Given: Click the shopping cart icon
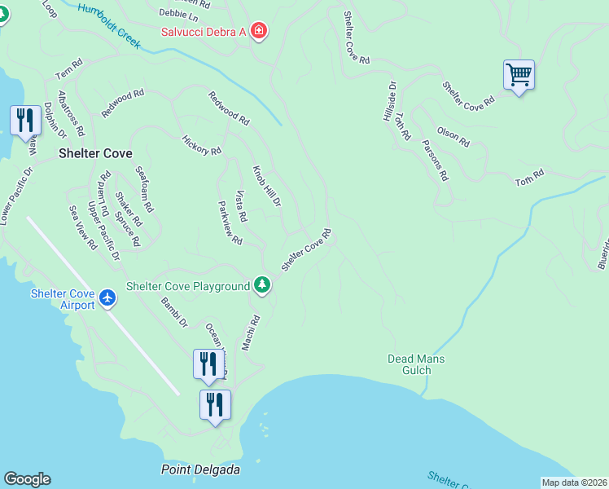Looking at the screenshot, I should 519,76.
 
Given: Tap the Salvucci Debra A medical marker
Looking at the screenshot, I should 259,32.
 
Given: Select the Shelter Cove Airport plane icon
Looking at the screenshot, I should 108,299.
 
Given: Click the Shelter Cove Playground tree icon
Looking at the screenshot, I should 261,284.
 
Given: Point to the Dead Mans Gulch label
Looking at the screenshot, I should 415,364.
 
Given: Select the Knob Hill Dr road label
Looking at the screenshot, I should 265,186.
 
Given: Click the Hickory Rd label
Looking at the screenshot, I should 202,146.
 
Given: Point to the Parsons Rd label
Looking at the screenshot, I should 436,160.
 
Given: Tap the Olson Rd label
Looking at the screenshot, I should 453,137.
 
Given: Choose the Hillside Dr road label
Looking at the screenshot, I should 389,101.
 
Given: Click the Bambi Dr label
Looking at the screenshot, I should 174,312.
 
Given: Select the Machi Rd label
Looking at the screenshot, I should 250,333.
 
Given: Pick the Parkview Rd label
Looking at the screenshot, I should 230,223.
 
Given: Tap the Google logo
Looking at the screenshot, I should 27,479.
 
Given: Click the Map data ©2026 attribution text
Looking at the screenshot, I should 575,482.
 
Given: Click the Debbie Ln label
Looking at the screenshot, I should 178,15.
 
